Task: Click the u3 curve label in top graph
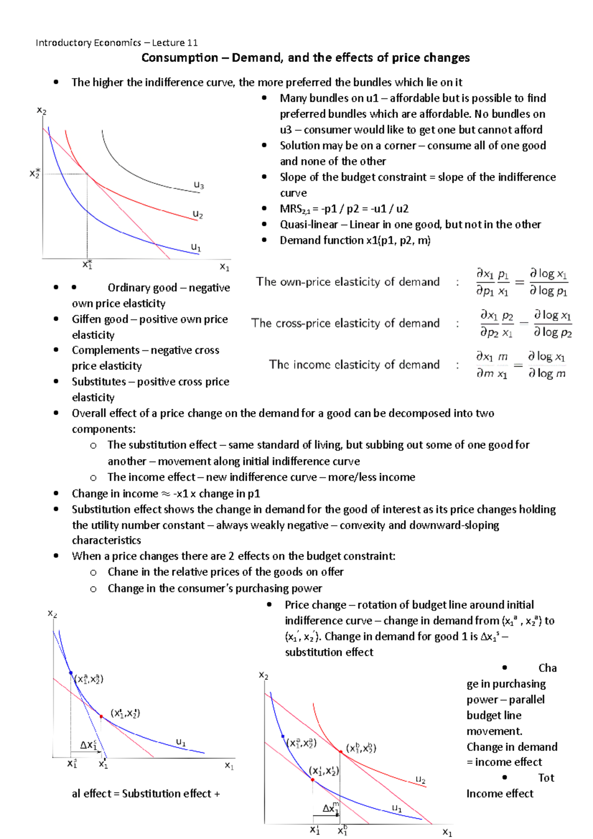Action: (x=199, y=185)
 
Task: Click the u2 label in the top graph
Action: (x=198, y=214)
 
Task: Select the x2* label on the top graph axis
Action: (x=35, y=173)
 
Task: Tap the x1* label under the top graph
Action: (x=87, y=265)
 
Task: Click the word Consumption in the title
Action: (x=179, y=58)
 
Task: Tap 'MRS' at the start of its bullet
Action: (x=291, y=209)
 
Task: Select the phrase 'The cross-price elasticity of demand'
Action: (x=345, y=323)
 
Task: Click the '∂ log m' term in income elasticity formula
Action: (x=547, y=374)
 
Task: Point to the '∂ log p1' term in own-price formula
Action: (x=548, y=291)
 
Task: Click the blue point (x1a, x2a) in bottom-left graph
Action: (x=71, y=673)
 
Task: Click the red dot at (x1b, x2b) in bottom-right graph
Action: (x=340, y=752)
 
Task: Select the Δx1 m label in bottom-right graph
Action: (x=331, y=808)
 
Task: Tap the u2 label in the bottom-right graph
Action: (x=421, y=780)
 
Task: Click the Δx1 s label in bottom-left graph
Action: (x=89, y=745)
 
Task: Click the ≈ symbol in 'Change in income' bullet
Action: (x=166, y=494)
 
